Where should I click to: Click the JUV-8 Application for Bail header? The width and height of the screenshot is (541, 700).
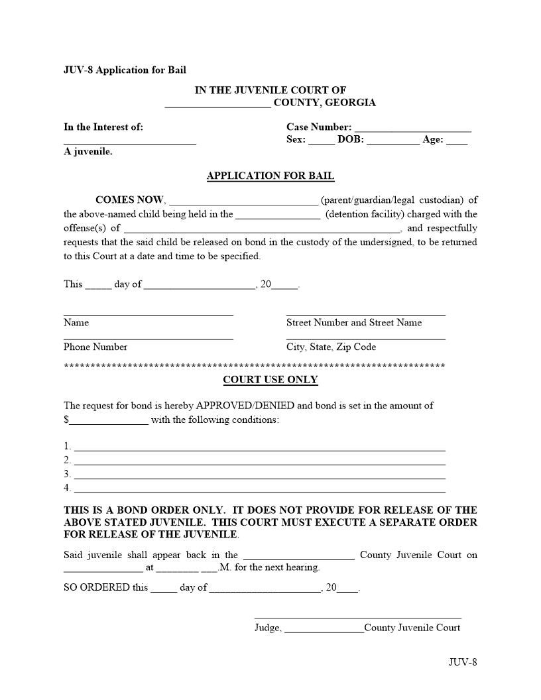pos(125,70)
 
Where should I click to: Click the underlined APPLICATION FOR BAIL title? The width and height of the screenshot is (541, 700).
pos(270,176)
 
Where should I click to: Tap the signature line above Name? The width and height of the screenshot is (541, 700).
pos(148,314)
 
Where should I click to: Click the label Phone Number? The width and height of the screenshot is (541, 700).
pos(95,347)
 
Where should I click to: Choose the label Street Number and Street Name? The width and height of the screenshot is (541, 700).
pos(353,323)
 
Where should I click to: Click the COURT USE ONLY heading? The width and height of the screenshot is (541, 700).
pos(270,380)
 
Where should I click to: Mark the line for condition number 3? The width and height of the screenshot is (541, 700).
pos(259,477)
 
